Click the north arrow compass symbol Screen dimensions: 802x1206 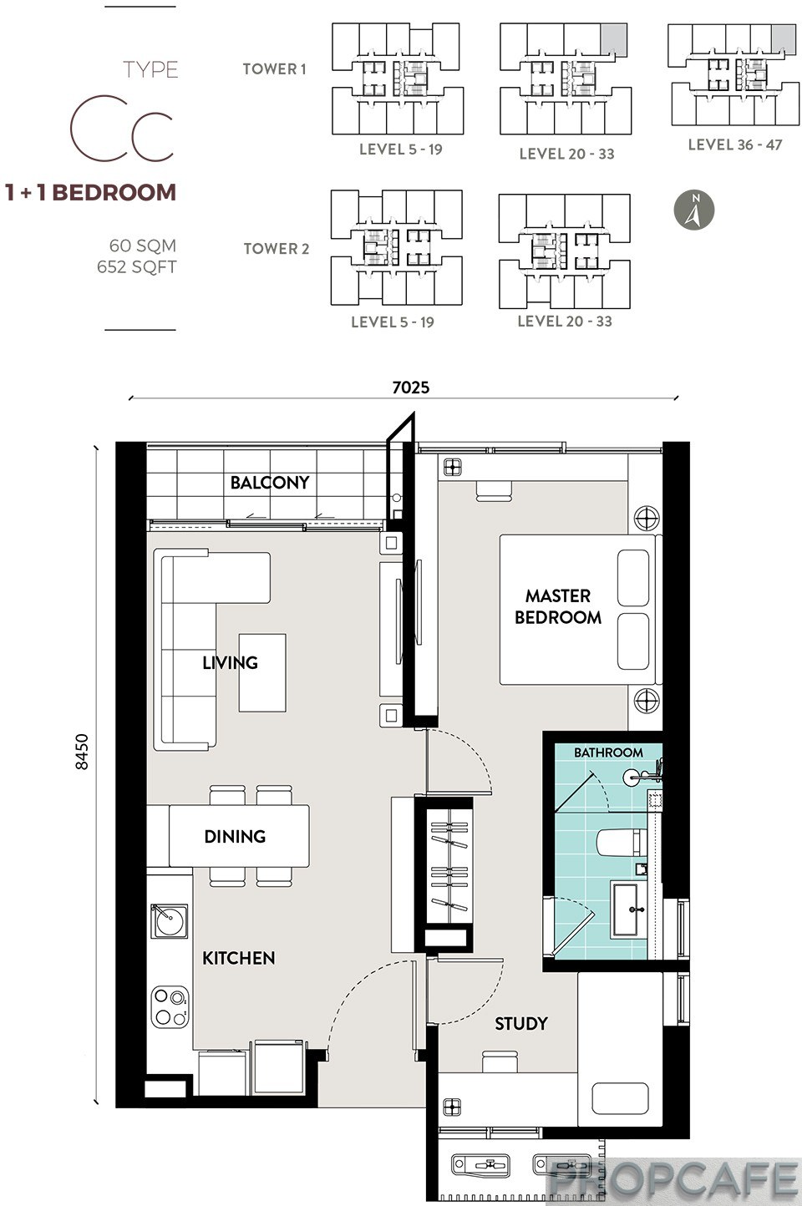(694, 210)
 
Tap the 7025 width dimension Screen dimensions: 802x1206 (411, 387)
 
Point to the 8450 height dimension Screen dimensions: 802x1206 (82, 752)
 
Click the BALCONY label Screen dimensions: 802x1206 (270, 483)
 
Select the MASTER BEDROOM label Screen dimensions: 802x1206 (558, 606)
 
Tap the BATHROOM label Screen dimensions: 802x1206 (608, 752)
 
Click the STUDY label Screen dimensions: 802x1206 (520, 1023)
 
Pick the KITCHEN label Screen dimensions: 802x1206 (239, 958)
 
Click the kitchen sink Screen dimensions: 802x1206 (169, 920)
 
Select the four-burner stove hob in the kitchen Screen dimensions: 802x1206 (170, 1006)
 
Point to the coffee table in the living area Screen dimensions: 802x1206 (262, 672)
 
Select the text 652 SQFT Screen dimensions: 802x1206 (137, 267)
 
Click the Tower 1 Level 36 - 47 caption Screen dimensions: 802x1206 (735, 144)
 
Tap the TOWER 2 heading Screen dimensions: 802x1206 (277, 249)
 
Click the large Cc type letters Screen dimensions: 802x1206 (122, 128)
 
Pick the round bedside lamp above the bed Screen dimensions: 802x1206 (647, 518)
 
